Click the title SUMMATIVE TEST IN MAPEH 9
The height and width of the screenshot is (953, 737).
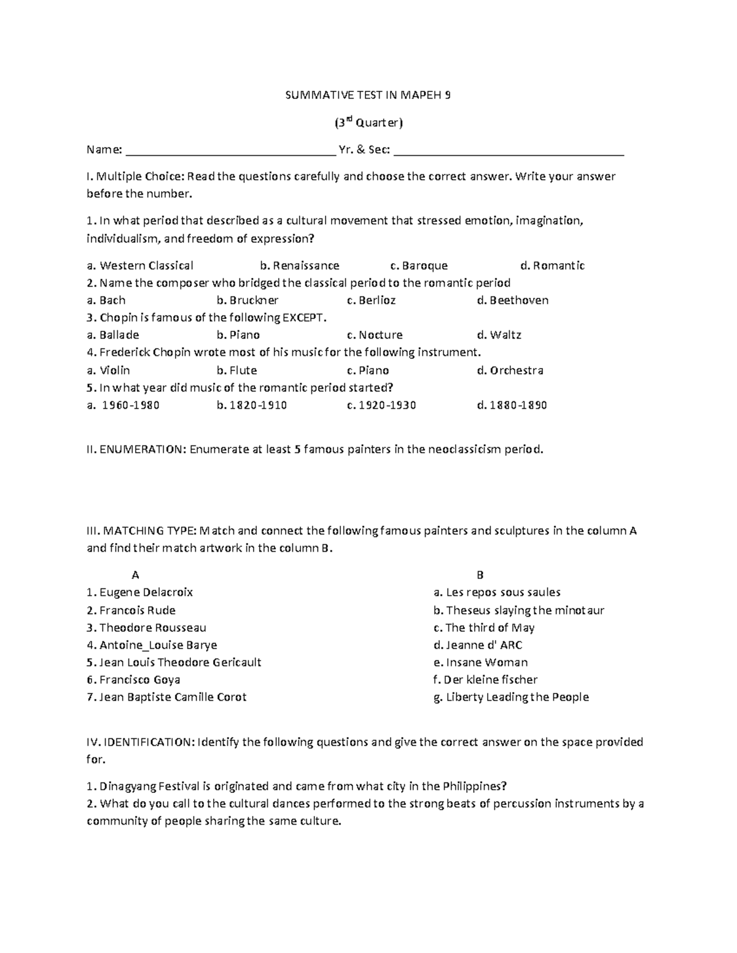point(368,95)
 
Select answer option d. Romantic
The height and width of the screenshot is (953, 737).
point(552,266)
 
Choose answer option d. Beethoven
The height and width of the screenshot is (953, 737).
point(512,300)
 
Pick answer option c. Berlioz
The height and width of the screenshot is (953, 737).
point(371,300)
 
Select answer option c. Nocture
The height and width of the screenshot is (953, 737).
point(375,335)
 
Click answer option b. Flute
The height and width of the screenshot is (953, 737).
point(236,370)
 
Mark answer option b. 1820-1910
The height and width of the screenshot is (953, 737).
point(252,405)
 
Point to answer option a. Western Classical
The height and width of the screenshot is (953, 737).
point(140,266)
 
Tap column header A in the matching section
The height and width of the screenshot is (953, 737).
point(136,575)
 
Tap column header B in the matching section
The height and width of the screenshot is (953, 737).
point(480,575)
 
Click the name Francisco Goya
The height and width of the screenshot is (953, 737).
point(133,679)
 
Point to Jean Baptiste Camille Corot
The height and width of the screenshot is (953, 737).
point(166,697)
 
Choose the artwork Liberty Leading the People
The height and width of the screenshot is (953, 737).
point(511,697)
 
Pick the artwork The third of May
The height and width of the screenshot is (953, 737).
point(484,628)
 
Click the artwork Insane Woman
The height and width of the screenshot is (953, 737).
point(480,662)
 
